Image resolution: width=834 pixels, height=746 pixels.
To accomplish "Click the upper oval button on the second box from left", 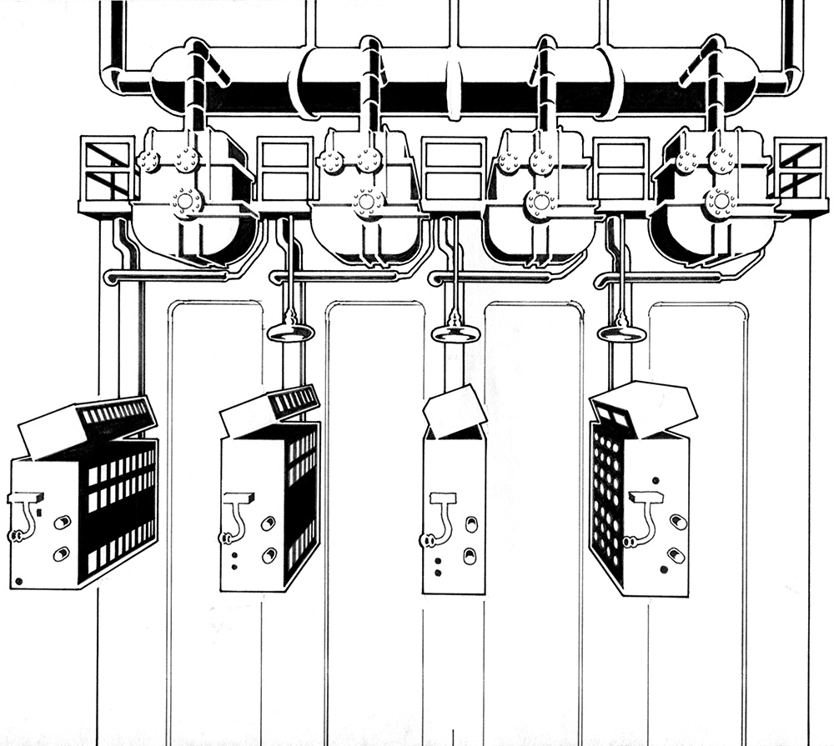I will (x=267, y=523).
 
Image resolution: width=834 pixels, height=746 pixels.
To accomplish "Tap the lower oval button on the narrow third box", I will (x=470, y=554).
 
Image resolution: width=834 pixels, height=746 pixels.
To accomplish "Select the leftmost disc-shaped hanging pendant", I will (x=290, y=333).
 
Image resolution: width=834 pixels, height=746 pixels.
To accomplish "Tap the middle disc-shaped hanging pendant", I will (x=455, y=333).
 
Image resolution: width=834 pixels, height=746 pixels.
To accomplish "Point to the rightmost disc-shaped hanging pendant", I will (x=622, y=333).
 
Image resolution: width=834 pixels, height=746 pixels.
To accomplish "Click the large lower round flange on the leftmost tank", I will (x=186, y=202).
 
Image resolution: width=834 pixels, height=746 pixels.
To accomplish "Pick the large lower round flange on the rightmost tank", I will (x=718, y=201).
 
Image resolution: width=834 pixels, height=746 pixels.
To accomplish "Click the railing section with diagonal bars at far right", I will (x=799, y=170).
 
